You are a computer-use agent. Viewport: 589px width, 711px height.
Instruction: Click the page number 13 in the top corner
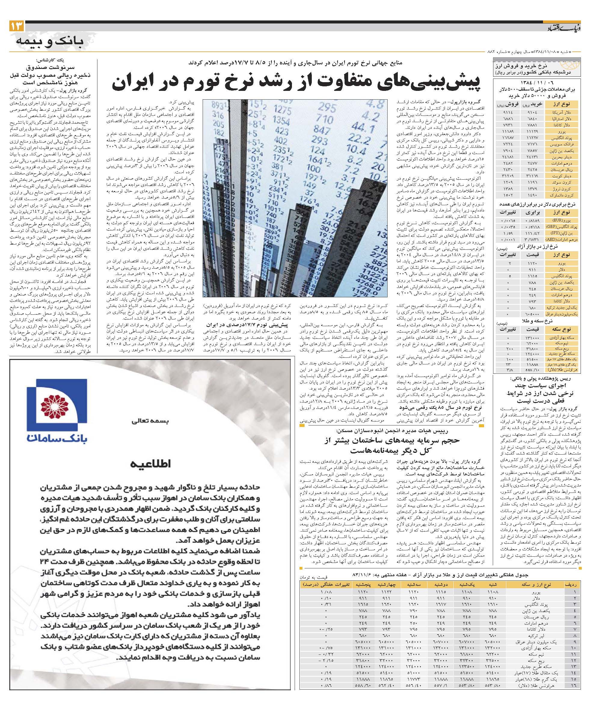(x=17, y=26)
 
